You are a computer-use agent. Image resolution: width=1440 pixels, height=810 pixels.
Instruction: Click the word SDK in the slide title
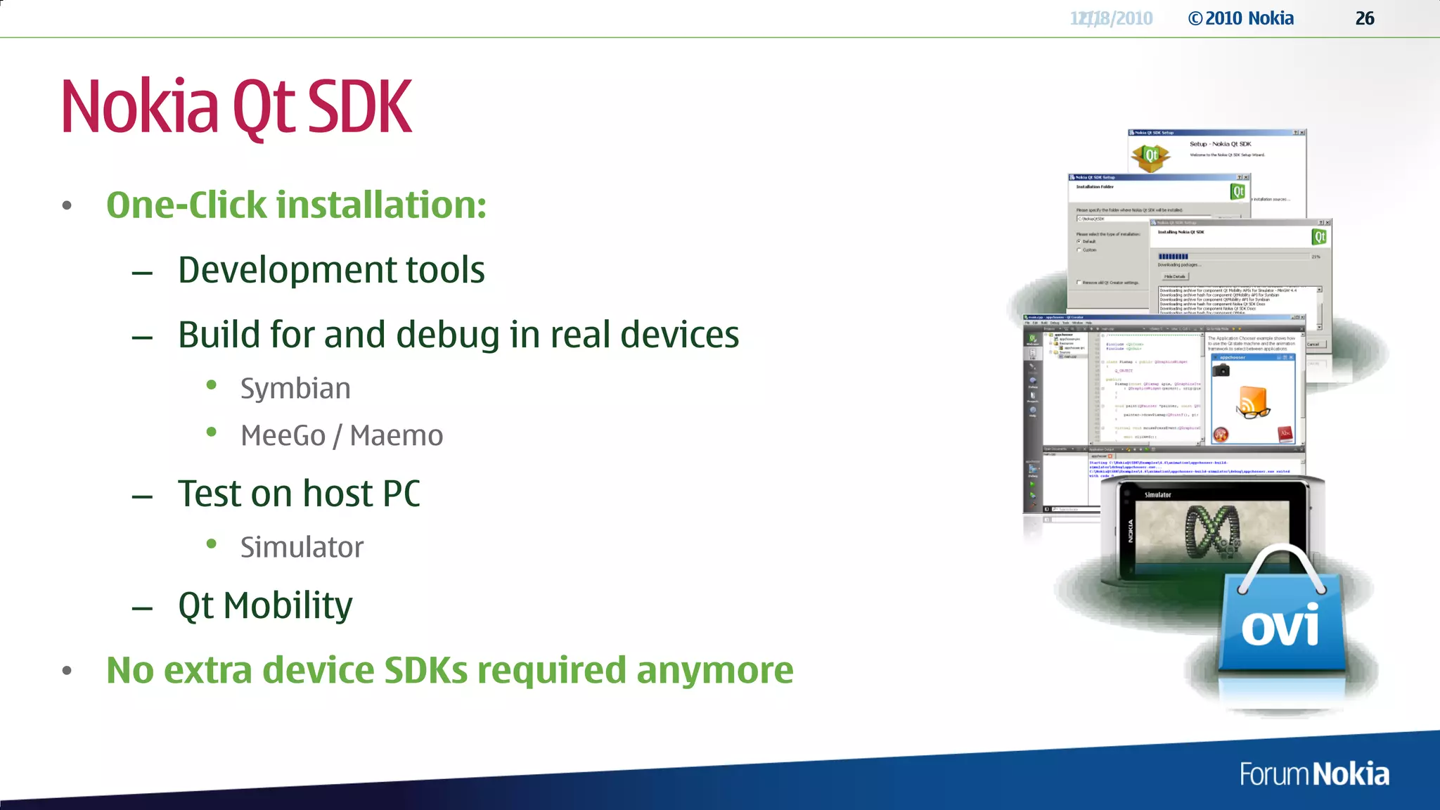(360, 107)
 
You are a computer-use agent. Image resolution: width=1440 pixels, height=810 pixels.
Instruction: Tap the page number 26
(1365, 18)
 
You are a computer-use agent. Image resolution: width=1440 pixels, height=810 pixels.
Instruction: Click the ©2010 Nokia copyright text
(1241, 18)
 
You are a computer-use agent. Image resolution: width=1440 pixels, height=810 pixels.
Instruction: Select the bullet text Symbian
(295, 389)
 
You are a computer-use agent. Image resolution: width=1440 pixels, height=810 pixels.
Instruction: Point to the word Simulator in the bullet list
(302, 548)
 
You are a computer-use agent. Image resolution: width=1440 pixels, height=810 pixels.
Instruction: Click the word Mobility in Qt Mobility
(288, 605)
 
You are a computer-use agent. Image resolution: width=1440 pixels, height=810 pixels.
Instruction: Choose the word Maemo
(397, 436)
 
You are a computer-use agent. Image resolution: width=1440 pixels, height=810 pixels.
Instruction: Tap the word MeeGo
(283, 436)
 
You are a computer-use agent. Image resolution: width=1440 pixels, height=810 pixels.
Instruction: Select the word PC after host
(401, 494)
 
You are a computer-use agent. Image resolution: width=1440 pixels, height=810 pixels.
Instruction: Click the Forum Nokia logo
(1313, 774)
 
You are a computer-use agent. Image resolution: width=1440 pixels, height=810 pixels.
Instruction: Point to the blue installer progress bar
(1174, 257)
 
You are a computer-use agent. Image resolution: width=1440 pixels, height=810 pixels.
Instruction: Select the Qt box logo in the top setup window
(1150, 155)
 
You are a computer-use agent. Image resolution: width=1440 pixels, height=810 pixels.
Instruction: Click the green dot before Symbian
(212, 384)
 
